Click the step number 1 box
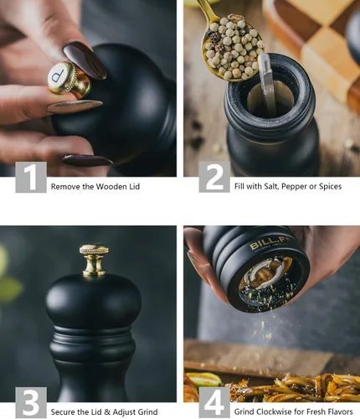click(x=31, y=177)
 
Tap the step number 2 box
click(x=214, y=177)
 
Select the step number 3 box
click(x=31, y=402)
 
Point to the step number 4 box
click(x=214, y=402)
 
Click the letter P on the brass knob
click(x=59, y=75)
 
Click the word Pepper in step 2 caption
click(x=294, y=187)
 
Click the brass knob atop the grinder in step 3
click(x=94, y=261)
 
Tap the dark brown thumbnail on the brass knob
click(x=85, y=59)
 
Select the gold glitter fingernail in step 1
click(x=75, y=106)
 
